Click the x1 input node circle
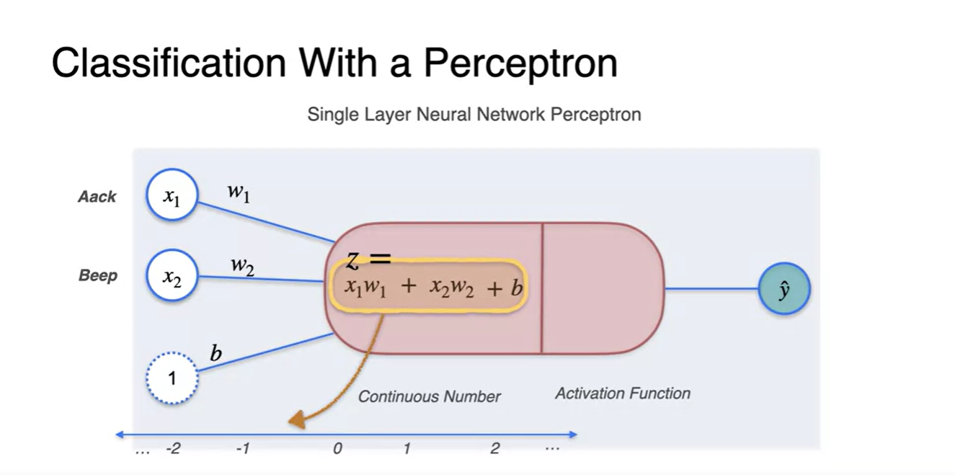pyautogui.click(x=172, y=195)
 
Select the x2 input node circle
pyautogui.click(x=172, y=275)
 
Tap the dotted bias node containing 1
pyautogui.click(x=172, y=377)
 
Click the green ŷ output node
pyautogui.click(x=784, y=289)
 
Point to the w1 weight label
pyautogui.click(x=238, y=192)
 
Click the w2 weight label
pyautogui.click(x=242, y=265)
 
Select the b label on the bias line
pyautogui.click(x=216, y=353)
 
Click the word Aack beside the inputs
pyautogui.click(x=97, y=197)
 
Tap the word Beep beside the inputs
pyautogui.click(x=98, y=275)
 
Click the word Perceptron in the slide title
pyautogui.click(x=520, y=63)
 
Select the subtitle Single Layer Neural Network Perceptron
pyautogui.click(x=474, y=114)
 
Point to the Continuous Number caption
pyautogui.click(x=430, y=396)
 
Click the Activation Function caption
pyautogui.click(x=623, y=394)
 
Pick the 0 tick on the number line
pyautogui.click(x=337, y=448)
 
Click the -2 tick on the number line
pyautogui.click(x=173, y=448)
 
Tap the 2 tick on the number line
pyautogui.click(x=494, y=448)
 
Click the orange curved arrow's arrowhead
pyautogui.click(x=296, y=421)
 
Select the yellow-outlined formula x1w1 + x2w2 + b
pyautogui.click(x=429, y=287)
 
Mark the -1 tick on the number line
pyautogui.click(x=243, y=448)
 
